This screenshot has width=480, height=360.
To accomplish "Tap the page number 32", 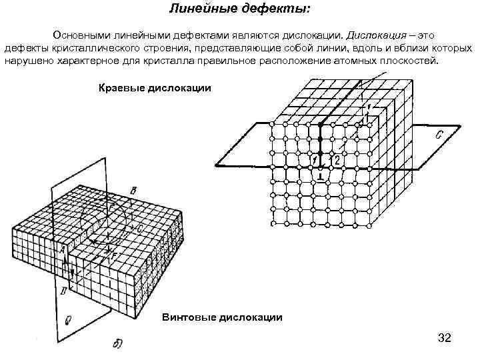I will [x=444, y=338].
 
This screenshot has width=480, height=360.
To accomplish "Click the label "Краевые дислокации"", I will [x=155, y=87].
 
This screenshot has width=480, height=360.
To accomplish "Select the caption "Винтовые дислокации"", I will [x=222, y=317].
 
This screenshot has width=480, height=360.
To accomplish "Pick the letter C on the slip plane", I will [x=439, y=135].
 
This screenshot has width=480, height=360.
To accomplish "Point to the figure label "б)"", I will [x=117, y=344].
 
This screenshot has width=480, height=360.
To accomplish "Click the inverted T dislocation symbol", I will [x=321, y=177].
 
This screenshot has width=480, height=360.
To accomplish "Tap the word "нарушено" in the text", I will [x=27, y=61].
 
